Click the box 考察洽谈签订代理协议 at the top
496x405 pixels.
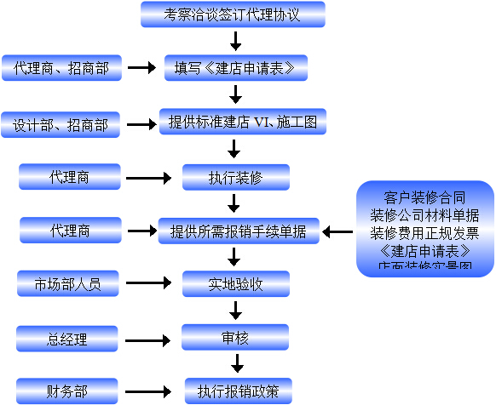pos(232,14)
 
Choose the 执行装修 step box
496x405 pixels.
pos(236,178)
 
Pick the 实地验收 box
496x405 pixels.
pos(236,283)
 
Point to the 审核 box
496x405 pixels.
pos(236,339)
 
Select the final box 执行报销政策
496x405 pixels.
pos(238,391)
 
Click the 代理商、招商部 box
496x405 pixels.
pos(62,67)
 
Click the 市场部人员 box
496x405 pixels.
pos(67,283)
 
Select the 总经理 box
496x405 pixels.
pos(67,339)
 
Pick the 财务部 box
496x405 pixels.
pos(67,392)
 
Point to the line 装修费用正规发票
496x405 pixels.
pos(425,232)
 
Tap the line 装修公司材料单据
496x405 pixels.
pos(425,214)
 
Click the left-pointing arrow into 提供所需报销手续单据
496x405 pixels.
pos(337,231)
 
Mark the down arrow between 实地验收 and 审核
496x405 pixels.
pos(236,311)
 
